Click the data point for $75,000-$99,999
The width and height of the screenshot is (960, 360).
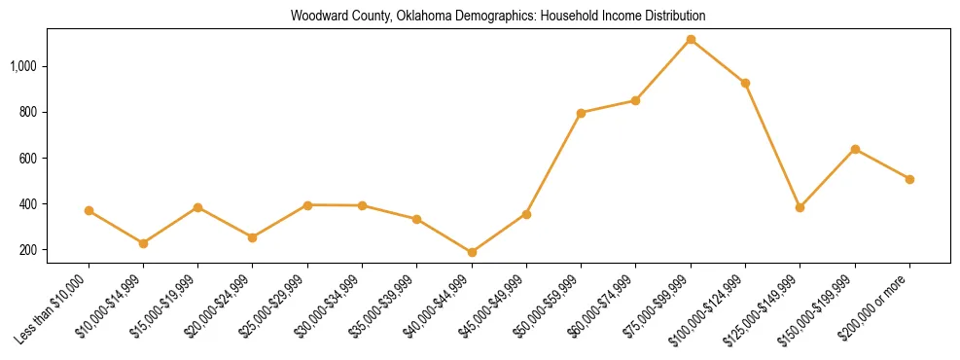tap(691, 40)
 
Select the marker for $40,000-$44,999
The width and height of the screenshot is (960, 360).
tap(472, 252)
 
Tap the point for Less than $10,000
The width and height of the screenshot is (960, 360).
tap(89, 210)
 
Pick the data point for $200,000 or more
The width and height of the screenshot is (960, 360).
tap(909, 179)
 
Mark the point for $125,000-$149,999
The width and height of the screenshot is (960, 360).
tap(800, 207)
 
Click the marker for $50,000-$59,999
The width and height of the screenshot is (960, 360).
tap(581, 113)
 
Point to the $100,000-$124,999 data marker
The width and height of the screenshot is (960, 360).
tap(745, 83)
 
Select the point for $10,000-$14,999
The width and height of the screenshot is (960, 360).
tap(143, 243)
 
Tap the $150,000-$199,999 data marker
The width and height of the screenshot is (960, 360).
tap(855, 149)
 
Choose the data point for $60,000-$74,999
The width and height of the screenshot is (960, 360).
tap(635, 100)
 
